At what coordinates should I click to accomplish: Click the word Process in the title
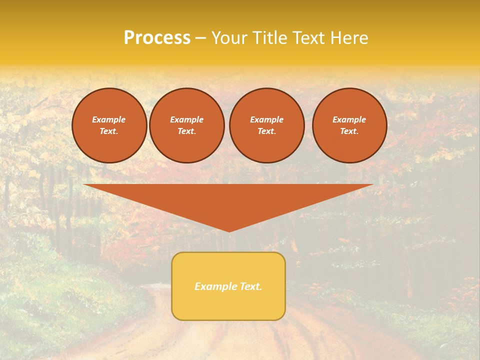click(157, 38)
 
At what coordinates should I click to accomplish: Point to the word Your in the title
click(229, 38)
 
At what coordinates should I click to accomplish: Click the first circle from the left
click(109, 125)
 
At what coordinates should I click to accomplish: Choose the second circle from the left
click(186, 125)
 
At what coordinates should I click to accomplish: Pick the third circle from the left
click(266, 125)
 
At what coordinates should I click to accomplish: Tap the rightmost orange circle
click(349, 125)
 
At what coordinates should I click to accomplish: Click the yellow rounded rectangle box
click(228, 286)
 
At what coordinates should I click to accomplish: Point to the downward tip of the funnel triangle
click(229, 230)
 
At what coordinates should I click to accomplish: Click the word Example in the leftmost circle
click(109, 119)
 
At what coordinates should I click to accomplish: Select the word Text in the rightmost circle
click(349, 131)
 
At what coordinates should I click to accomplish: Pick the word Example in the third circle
click(266, 119)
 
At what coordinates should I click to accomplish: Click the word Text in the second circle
click(186, 131)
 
